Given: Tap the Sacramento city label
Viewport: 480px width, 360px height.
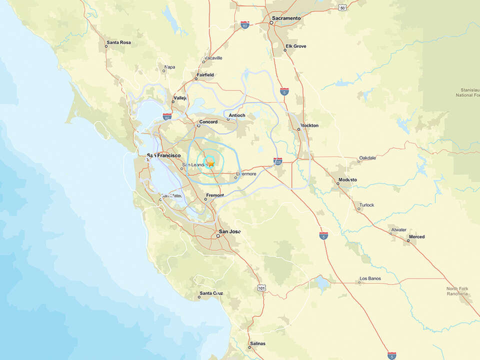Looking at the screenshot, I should pos(286,18).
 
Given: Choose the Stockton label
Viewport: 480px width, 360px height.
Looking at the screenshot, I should pos(309,125).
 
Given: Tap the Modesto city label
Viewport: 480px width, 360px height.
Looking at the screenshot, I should pos(347,179).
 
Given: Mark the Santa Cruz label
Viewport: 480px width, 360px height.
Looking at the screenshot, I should pos(211,293).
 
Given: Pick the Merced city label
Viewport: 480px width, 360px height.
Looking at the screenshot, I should pos(416,236).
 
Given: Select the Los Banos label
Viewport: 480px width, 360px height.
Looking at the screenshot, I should pos(370,278).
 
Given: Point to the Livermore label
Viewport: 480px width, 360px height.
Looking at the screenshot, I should pos(246,174).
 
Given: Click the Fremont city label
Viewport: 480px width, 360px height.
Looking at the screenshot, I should pos(215,195).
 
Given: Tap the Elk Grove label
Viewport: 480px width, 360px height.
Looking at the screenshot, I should pos(295,46).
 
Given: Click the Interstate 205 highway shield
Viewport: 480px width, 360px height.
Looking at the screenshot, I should pos(278,161).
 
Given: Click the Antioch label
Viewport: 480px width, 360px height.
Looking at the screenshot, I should pos(237,115).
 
